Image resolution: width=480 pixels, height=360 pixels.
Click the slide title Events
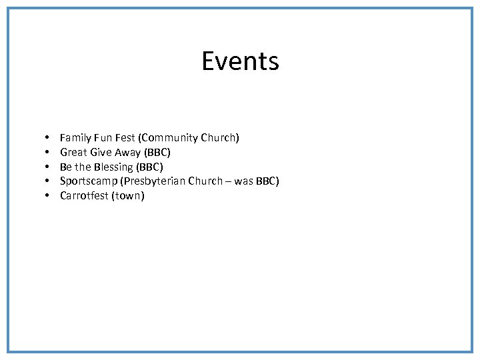click(240, 61)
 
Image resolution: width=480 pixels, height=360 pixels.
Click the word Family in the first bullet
click(75, 138)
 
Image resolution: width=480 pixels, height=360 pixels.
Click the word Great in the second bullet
click(73, 153)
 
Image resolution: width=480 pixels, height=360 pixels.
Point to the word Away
click(127, 153)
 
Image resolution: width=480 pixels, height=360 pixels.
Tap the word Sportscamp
click(88, 181)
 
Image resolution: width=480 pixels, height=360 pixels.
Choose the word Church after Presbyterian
click(205, 181)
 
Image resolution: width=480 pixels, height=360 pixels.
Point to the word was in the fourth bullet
click(244, 181)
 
